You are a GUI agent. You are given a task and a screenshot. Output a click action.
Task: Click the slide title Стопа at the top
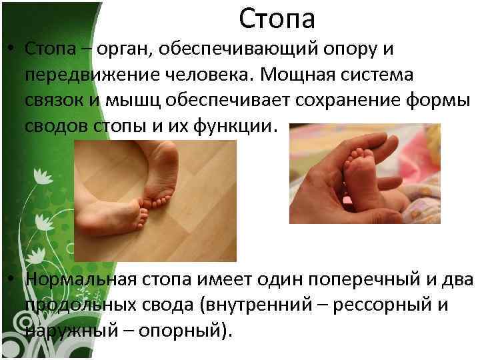[x=277, y=19]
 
